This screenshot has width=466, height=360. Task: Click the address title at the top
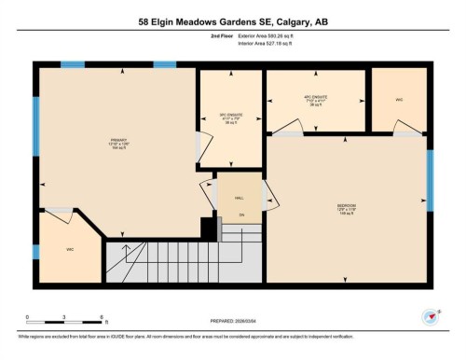click(232, 21)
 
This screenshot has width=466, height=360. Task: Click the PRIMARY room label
click(117, 143)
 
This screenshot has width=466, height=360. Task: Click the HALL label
click(240, 197)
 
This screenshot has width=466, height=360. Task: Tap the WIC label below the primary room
click(69, 249)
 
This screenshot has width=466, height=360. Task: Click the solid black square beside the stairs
click(208, 227)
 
